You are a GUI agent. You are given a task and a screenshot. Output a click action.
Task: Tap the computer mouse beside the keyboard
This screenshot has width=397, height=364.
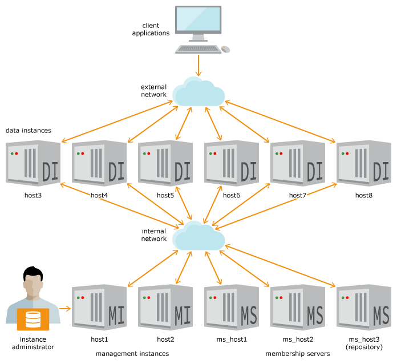(225, 49)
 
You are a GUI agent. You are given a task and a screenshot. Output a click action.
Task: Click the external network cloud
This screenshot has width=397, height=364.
(198, 92)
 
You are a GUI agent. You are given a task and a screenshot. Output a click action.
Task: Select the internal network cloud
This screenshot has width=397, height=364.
(198, 236)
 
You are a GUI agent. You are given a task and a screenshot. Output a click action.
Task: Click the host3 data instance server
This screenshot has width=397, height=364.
(33, 163)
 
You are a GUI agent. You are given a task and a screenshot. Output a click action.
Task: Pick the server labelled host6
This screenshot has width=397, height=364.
(232, 163)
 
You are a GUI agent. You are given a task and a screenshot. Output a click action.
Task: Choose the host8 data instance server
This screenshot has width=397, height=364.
(364, 163)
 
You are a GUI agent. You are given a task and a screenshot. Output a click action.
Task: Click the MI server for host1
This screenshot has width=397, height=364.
(99, 307)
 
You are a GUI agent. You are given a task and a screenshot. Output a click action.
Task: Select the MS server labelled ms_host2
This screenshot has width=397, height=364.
(298, 307)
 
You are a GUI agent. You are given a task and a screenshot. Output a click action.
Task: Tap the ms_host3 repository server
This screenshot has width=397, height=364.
(364, 307)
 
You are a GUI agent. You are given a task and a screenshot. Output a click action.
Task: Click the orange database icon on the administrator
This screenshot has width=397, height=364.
(33, 319)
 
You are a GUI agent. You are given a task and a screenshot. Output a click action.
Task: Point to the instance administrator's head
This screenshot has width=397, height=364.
(33, 281)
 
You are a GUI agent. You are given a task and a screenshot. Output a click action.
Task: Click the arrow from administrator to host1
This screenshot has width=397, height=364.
(65, 309)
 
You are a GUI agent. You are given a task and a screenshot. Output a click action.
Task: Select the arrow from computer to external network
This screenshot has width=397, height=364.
(198, 66)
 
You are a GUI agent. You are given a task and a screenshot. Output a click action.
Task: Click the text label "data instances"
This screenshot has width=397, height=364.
(29, 131)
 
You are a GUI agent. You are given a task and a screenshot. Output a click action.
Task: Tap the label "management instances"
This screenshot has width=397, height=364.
(132, 354)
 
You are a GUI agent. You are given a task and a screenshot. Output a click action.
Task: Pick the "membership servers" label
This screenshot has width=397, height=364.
(298, 354)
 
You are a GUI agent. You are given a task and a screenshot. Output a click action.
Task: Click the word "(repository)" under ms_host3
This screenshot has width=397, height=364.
(364, 347)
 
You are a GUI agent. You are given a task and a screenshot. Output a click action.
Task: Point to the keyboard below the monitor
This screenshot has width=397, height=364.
(198, 49)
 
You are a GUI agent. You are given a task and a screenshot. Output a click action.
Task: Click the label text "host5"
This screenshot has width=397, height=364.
(165, 195)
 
